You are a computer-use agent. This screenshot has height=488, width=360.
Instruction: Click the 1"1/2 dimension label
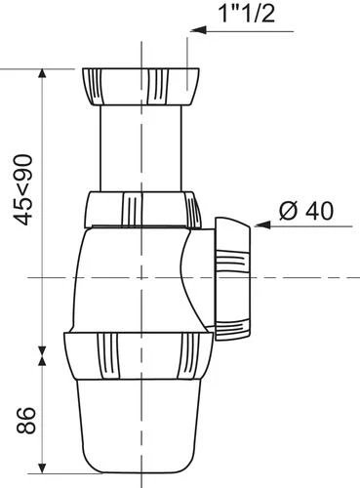(247, 14)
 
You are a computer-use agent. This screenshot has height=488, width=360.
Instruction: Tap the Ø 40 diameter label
(306, 211)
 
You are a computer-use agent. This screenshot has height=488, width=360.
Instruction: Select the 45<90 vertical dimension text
(24, 190)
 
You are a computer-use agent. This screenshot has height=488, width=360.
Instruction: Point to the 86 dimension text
(25, 420)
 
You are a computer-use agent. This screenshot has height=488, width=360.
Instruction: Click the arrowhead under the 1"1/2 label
(198, 30)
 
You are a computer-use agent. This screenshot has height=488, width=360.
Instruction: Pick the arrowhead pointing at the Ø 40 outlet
(262, 224)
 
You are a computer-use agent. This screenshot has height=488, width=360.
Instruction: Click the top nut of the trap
(140, 87)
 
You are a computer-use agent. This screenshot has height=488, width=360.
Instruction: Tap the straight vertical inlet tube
(140, 148)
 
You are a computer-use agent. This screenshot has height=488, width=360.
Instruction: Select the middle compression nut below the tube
(142, 210)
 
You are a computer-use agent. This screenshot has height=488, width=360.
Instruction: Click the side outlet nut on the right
(232, 279)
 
